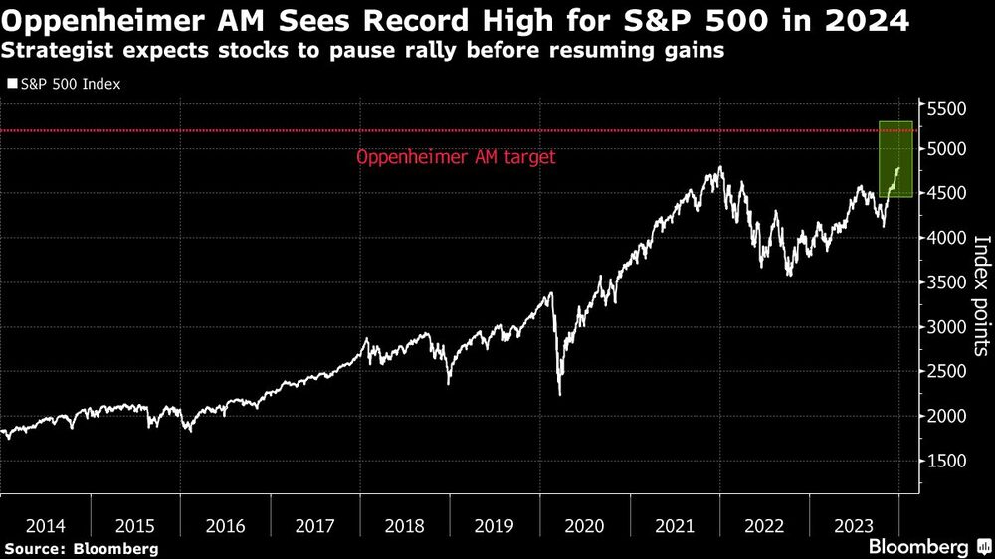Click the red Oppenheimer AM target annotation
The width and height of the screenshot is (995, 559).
point(455,157)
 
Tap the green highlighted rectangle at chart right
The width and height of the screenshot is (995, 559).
point(895,159)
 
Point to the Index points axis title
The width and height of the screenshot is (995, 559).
point(980,294)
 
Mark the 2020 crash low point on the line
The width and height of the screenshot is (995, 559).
point(559,394)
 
